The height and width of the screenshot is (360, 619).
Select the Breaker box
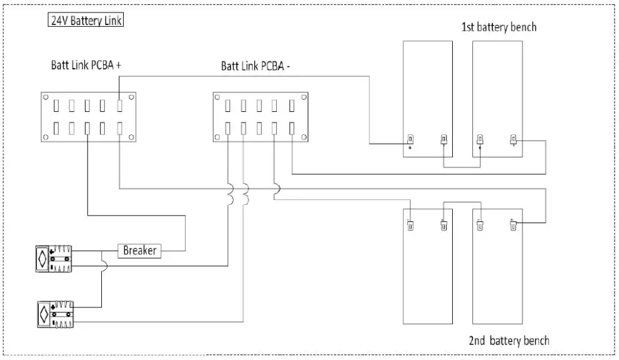[x=139, y=251]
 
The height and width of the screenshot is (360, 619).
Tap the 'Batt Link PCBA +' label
[x=90, y=65]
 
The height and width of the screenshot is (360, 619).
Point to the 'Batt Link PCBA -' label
[x=255, y=66]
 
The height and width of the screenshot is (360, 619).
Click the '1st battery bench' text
[x=498, y=27]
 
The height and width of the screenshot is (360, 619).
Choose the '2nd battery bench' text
[x=509, y=341]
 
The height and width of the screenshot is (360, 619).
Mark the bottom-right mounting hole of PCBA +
[x=131, y=137]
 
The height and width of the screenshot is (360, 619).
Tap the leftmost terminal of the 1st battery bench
[x=410, y=139]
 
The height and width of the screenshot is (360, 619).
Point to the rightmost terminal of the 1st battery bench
[x=513, y=139]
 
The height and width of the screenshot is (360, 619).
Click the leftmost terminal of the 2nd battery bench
[x=410, y=226]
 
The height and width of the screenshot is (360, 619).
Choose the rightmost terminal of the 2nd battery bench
[x=513, y=226]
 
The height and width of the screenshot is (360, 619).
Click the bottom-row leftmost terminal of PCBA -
[x=228, y=128]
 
